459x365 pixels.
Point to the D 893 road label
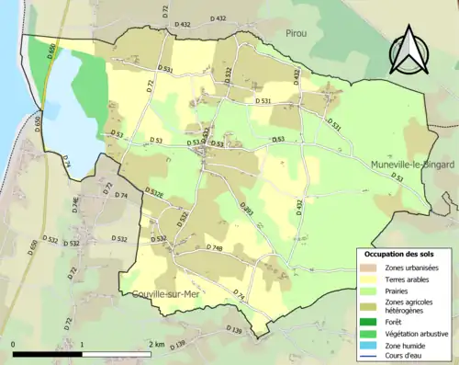click(247, 211)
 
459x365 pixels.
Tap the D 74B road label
click(214, 248)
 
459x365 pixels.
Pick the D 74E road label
click(76, 206)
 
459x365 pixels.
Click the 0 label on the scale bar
click(14, 344)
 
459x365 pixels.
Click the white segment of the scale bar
click(116, 354)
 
